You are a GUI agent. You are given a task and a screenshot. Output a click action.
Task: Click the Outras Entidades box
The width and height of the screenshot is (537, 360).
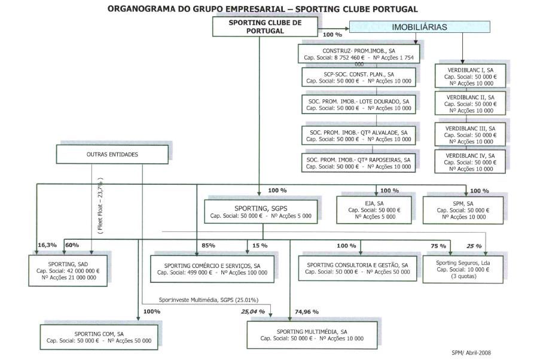pos(112,154)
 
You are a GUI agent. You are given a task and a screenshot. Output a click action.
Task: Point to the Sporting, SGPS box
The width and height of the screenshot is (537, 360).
pos(258,211)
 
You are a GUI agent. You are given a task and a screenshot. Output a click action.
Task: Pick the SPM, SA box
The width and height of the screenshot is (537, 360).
pos(466,210)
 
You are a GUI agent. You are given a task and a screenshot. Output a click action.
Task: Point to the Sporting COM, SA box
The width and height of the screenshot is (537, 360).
pos(99,337)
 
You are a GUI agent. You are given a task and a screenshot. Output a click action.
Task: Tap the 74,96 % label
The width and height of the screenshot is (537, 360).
pos(306,312)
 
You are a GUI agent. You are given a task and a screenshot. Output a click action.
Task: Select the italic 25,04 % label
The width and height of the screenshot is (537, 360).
pos(253,312)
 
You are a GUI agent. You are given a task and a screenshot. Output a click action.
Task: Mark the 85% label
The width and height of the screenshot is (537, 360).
pos(209,245)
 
